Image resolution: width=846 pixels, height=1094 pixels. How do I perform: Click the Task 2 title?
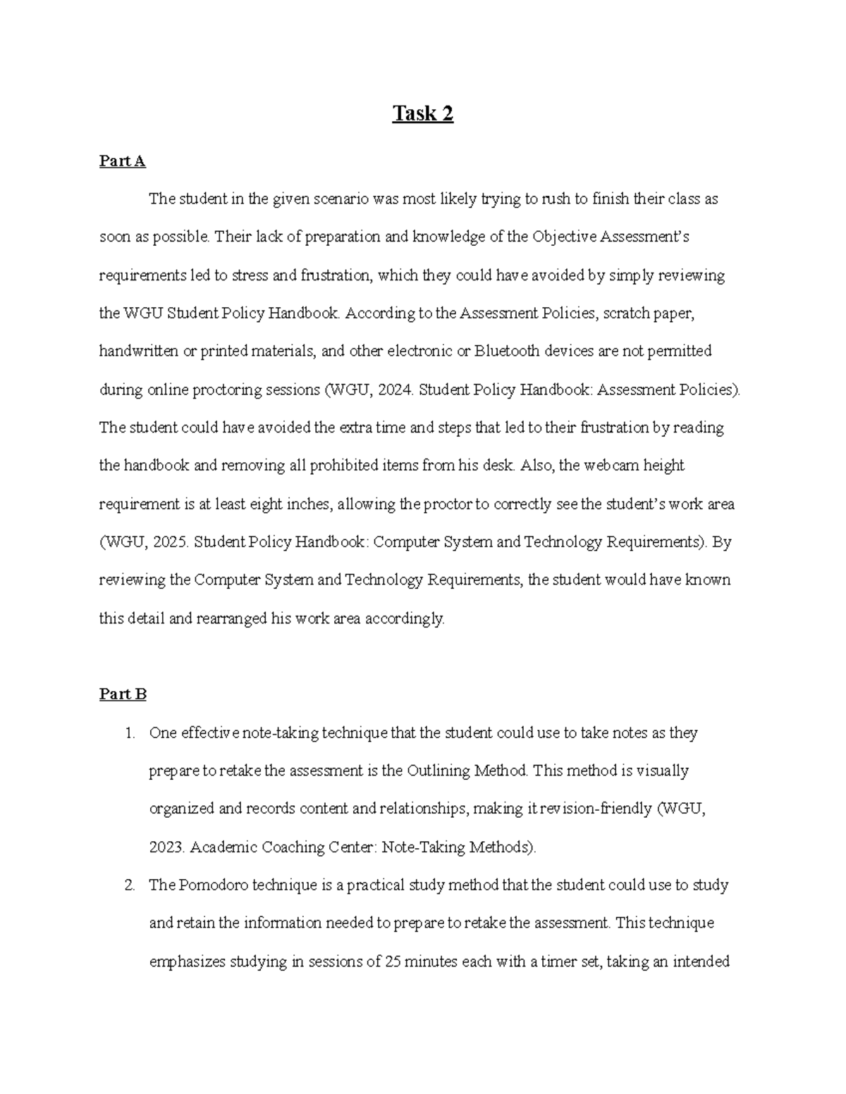point(423,113)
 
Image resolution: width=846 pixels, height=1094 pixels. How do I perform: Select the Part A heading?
point(122,161)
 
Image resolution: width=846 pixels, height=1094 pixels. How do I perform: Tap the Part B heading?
point(123,695)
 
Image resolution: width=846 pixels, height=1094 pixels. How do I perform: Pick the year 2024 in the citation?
point(393,390)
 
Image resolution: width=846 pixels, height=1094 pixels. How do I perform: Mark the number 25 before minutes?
point(393,961)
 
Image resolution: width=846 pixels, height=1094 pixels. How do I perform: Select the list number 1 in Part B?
point(129,733)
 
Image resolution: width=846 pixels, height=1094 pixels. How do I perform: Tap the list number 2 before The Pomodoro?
point(129,885)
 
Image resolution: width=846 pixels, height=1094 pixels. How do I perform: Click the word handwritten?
point(139,351)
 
